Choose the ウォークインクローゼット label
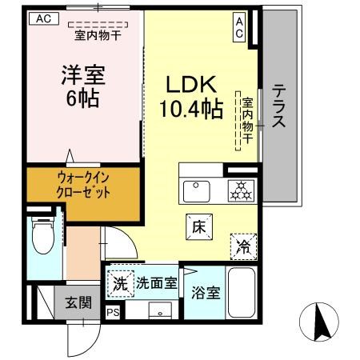pos(82,186)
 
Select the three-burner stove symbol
pos(240,192)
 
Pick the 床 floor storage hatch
pos(199,226)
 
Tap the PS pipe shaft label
pos(113,313)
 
